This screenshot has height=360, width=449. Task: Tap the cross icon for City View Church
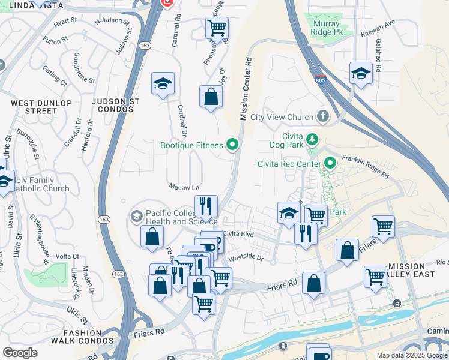(x=324, y=116)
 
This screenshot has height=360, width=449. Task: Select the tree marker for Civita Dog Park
(x=312, y=140)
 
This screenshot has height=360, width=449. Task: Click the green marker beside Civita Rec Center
(x=330, y=163)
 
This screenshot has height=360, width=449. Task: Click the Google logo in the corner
(x=20, y=352)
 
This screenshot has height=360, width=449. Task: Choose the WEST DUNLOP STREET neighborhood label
(x=33, y=107)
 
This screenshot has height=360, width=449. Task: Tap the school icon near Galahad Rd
(x=361, y=73)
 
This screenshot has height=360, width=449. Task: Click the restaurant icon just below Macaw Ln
(x=206, y=206)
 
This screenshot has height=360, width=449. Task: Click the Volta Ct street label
(x=67, y=256)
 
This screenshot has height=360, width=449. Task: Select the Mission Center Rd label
(x=245, y=89)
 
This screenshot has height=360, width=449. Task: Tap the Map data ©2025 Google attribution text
(x=411, y=355)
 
